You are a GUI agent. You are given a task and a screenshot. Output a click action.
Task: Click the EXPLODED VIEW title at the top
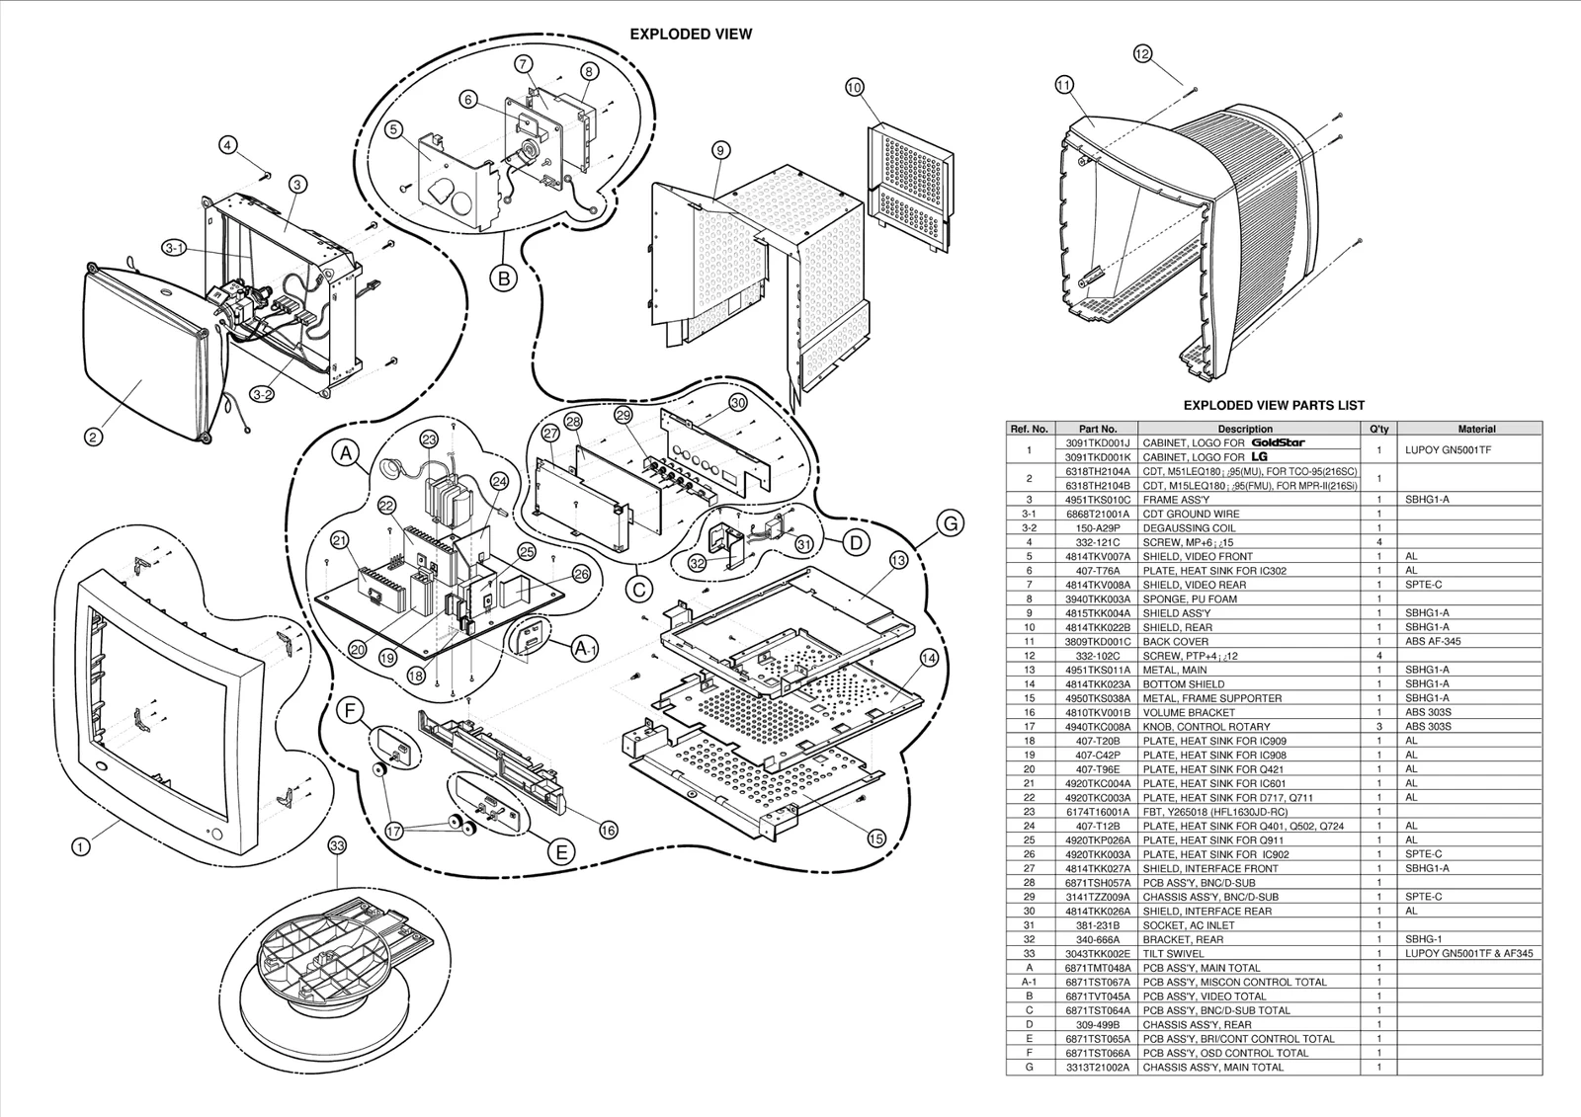[691, 34]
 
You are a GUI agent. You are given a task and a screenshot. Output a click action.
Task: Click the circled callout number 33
[337, 845]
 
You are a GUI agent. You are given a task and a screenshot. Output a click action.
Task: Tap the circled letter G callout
[950, 524]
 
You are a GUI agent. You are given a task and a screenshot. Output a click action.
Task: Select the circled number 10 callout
[855, 88]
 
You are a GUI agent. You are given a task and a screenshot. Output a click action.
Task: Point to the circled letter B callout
[503, 279]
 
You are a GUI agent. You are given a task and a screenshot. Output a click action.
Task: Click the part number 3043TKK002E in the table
[1098, 954]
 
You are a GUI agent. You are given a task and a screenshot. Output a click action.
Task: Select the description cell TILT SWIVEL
[1173, 954]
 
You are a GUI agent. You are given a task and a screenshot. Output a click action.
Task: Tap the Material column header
[1476, 429]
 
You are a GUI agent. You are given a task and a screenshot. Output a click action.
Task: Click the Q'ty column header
[1378, 429]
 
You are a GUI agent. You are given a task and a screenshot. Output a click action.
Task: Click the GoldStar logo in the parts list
[1278, 442]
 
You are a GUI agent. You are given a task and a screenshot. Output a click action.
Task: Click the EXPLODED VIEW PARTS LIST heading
[1274, 405]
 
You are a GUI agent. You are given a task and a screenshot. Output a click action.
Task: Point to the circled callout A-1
[585, 648]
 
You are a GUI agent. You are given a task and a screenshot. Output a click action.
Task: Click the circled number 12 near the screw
[1142, 54]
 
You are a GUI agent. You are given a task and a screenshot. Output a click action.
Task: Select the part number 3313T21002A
[1098, 1068]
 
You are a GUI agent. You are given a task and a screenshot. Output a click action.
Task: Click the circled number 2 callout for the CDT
[92, 437]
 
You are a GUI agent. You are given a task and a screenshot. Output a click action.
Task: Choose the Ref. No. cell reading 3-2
[1029, 527]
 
